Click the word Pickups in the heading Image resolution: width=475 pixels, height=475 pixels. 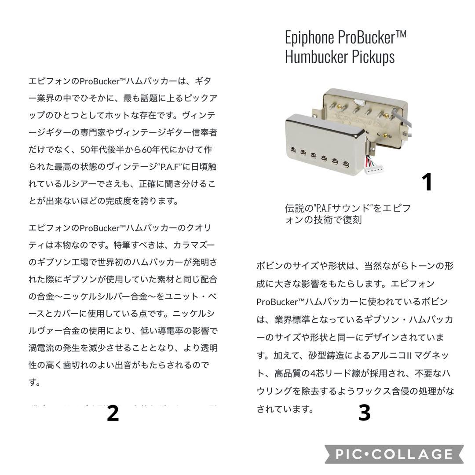point(375,57)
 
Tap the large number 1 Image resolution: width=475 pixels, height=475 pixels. point(427,182)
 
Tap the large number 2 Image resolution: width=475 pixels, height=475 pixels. point(113,413)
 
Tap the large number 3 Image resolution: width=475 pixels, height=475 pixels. point(364,413)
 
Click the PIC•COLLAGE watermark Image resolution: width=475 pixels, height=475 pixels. point(394,454)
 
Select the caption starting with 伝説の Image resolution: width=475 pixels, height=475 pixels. point(347,214)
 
